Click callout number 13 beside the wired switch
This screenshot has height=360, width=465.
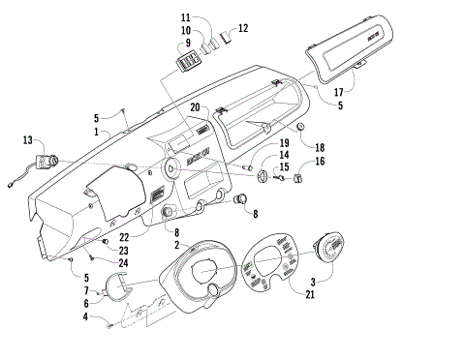point(27,140)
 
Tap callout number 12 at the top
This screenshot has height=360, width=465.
point(243,28)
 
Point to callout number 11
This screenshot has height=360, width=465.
point(185,17)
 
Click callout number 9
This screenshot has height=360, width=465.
point(185,43)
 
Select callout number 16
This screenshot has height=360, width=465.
point(319,162)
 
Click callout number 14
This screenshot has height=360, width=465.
point(284,155)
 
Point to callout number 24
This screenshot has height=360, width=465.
point(124,262)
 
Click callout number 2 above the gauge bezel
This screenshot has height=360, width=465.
point(176,247)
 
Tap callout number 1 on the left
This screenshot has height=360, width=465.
point(96,131)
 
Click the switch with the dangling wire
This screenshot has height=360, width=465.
point(46,155)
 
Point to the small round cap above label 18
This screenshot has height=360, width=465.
point(301,128)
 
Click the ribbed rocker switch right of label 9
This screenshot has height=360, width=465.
point(209,44)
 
